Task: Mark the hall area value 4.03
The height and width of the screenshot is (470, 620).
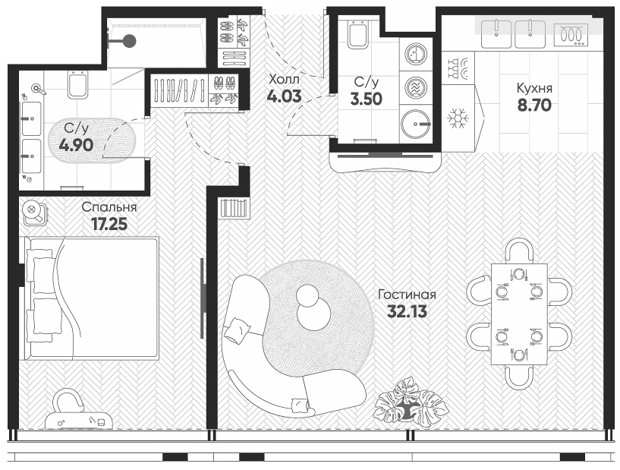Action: point(284,96)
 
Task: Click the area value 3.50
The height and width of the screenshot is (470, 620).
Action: point(365,97)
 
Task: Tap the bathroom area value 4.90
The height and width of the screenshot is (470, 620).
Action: point(77,144)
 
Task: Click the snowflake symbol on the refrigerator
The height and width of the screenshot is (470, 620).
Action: point(457,118)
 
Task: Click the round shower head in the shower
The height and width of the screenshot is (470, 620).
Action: point(130,41)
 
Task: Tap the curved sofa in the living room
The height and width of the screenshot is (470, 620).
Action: point(262,349)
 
